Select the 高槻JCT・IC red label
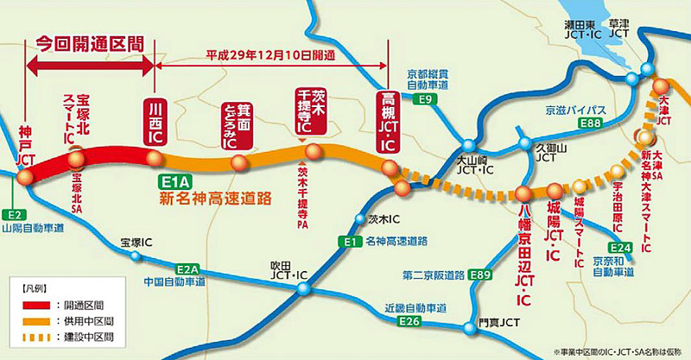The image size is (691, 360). click(386, 122)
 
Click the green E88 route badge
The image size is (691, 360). click(590, 125)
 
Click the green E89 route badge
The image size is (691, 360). click(481, 275)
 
